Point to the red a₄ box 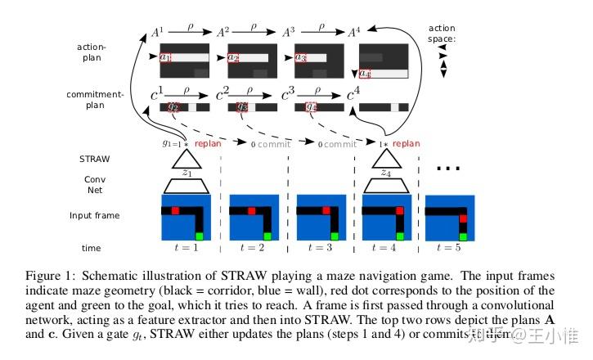point(365,74)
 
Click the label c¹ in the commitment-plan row point(158,95)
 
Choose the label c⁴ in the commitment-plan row point(353,95)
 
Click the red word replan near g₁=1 point(210,144)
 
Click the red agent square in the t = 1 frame point(175,210)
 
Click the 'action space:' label point(442,34)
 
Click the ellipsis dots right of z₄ point(449,169)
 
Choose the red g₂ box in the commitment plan point(173,107)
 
